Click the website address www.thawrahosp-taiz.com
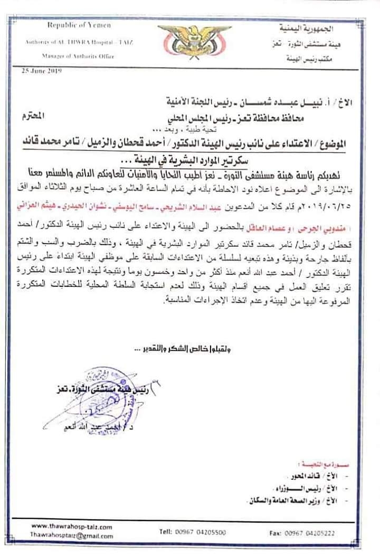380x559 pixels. tap(72, 527)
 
